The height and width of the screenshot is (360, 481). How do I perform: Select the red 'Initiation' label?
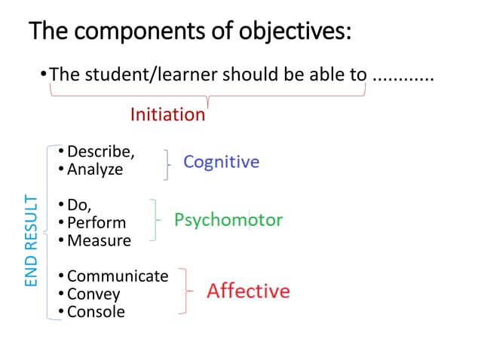pyautogui.click(x=167, y=114)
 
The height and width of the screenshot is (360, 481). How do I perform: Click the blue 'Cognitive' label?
pyautogui.click(x=222, y=162)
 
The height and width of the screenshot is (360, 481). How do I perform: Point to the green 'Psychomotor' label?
pyautogui.click(x=228, y=220)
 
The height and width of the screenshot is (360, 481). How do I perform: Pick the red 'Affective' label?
pyautogui.click(x=248, y=291)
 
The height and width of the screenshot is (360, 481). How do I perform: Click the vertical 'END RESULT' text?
pyautogui.click(x=31, y=239)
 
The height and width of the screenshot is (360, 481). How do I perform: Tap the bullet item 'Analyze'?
pyautogui.click(x=94, y=169)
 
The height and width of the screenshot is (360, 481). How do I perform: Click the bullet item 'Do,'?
pyautogui.click(x=79, y=205)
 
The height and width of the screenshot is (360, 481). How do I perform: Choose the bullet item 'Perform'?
pyautogui.click(x=97, y=223)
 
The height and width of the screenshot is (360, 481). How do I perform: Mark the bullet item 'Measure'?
pyautogui.click(x=99, y=241)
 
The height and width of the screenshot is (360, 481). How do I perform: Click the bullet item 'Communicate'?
pyautogui.click(x=118, y=276)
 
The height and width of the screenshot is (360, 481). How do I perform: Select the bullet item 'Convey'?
pyautogui.click(x=93, y=294)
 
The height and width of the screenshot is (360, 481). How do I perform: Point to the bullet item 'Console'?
pyautogui.click(x=96, y=311)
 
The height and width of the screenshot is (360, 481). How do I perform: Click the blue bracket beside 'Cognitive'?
pyautogui.click(x=166, y=164)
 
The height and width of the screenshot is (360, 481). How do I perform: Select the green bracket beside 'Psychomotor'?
pyautogui.click(x=155, y=220)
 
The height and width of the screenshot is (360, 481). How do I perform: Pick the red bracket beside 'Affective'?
pyautogui.click(x=185, y=289)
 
